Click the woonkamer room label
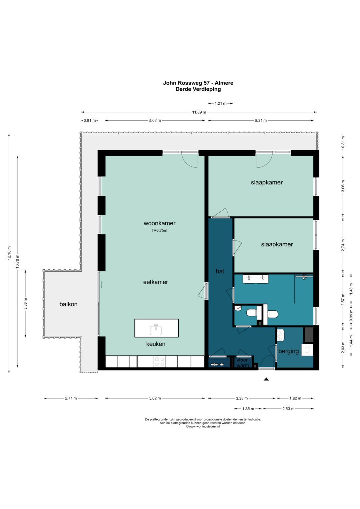point(159,223)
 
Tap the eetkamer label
point(156,282)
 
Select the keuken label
point(156,344)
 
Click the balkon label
point(68,304)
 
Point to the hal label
point(220,271)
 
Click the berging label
point(288,351)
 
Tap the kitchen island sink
point(156,330)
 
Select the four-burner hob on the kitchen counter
point(159,362)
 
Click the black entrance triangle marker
point(266,379)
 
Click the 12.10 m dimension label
point(9,253)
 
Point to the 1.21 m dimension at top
point(220,103)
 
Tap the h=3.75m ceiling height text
point(160,230)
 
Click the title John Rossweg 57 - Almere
point(198,83)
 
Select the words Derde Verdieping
point(198,89)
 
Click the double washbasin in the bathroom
point(256,279)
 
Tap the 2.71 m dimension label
point(71,398)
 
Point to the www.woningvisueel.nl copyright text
point(203,427)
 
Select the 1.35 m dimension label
point(248,409)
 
